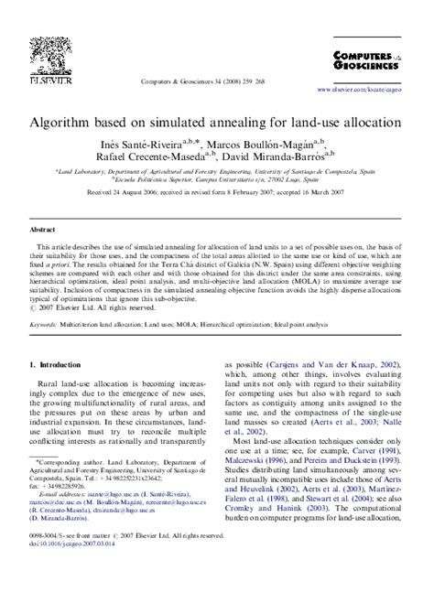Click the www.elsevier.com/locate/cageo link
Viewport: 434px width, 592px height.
pyautogui.click(x=364, y=91)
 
